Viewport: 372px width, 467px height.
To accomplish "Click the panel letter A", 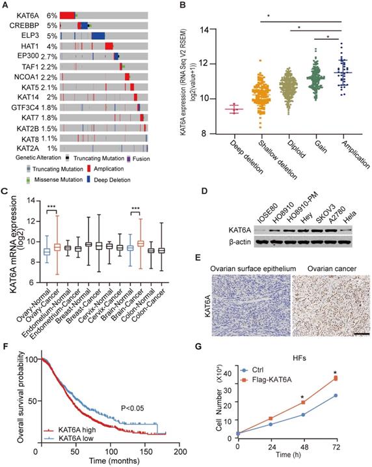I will click(6, 5).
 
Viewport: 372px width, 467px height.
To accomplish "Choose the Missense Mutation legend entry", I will click(36, 178).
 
